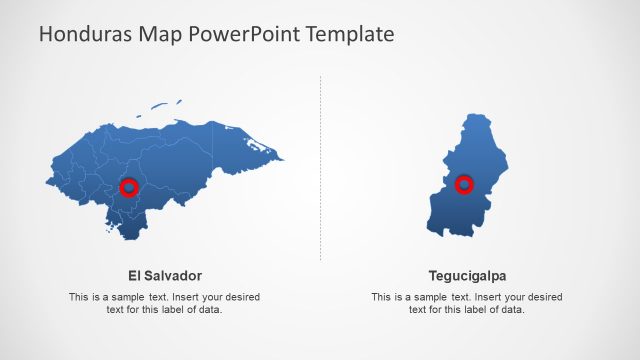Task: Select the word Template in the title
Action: pos(350,35)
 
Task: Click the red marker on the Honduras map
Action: pos(128,187)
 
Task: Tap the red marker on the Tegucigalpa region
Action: pos(464,184)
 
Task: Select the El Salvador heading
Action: pos(165,275)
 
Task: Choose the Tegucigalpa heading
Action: pos(467,275)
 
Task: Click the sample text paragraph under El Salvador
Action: pos(165,303)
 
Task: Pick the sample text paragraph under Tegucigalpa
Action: pos(467,303)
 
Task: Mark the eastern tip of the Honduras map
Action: pos(281,158)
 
